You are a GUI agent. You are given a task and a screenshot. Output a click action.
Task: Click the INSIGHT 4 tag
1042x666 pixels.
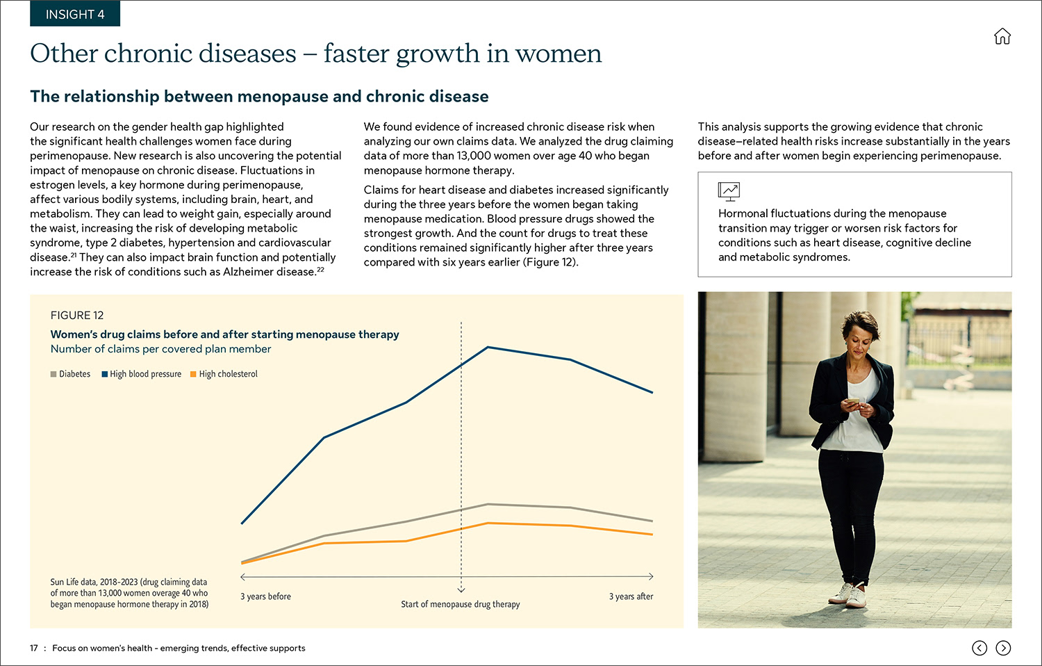pos(75,14)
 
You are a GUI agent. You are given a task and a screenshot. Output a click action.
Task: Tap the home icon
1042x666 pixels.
pos(1002,36)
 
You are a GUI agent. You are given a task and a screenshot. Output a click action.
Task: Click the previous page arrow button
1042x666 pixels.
pos(979,648)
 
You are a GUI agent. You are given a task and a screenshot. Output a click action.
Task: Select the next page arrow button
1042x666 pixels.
pos(1003,648)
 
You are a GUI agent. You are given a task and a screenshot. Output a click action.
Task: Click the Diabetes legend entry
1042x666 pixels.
pos(71,374)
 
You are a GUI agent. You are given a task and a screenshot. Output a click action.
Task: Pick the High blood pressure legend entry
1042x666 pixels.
pos(142,374)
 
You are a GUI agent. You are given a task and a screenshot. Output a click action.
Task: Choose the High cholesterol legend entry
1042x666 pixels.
pos(224,374)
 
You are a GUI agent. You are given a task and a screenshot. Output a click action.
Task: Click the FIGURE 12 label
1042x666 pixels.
pos(77,315)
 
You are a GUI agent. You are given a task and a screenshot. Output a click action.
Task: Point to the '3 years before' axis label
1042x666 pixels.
pos(265,596)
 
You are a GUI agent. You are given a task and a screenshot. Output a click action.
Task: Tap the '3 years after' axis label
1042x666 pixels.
pos(631,596)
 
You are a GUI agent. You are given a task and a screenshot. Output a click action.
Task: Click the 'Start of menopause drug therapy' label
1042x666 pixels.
pos(460,604)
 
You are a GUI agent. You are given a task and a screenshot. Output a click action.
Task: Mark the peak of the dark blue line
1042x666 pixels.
pos(488,347)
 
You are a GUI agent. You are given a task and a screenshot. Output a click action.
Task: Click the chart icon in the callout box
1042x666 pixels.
pos(729,190)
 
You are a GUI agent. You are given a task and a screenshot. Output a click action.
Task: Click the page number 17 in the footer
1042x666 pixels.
pos(34,648)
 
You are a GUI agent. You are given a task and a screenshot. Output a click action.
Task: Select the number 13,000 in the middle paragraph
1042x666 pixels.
pos(477,156)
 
